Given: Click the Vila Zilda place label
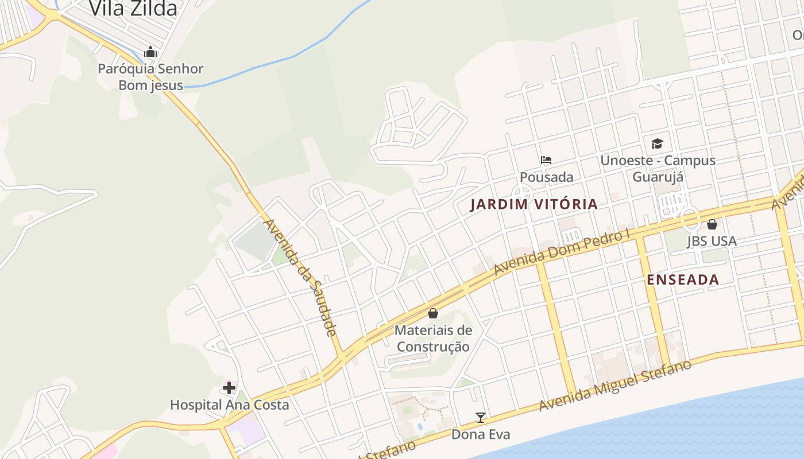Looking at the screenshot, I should [133, 9].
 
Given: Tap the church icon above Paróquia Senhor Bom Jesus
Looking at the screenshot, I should [150, 52].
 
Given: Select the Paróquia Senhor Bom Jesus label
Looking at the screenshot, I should [150, 77].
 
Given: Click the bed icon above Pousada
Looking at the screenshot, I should [546, 160].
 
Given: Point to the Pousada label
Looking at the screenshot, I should [546, 177].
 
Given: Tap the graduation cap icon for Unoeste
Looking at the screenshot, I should [657, 143].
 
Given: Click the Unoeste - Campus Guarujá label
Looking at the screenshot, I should [658, 168].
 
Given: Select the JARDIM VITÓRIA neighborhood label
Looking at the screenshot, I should [534, 204].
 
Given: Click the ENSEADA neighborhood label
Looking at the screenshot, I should [683, 280].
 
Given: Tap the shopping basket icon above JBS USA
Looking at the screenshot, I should [712, 224].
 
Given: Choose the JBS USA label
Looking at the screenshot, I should [712, 241].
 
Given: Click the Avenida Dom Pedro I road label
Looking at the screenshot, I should [562, 252].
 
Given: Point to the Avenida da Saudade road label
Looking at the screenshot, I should [299, 277].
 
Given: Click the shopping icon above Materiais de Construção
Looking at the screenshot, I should [433, 313].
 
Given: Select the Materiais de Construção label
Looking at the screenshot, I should [433, 339].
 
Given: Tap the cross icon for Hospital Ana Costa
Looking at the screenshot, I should [229, 388].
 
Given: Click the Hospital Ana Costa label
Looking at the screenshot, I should [229, 405].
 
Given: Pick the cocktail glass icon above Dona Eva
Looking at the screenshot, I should [481, 418].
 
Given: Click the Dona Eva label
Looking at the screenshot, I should [481, 434].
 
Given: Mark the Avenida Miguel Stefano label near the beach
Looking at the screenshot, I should [614, 386].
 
